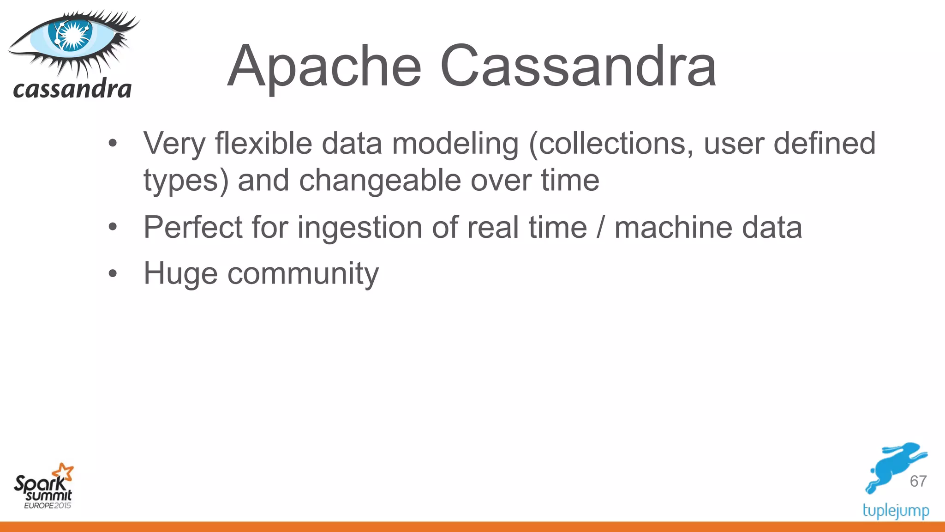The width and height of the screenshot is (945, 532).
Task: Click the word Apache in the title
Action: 324,67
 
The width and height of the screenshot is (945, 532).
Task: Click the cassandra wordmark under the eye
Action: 72,89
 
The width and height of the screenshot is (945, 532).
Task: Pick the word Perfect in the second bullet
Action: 193,227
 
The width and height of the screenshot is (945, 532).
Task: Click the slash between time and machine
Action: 600,227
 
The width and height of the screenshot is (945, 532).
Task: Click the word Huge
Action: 180,274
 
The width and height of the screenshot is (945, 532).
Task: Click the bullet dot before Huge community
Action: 113,274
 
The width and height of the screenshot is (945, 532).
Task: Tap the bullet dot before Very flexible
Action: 113,144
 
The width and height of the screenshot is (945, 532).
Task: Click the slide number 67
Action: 918,481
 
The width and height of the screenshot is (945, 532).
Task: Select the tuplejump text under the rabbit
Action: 896,511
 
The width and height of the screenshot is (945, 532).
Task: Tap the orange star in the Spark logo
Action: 64,472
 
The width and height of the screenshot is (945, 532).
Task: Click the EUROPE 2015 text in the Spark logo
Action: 48,506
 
